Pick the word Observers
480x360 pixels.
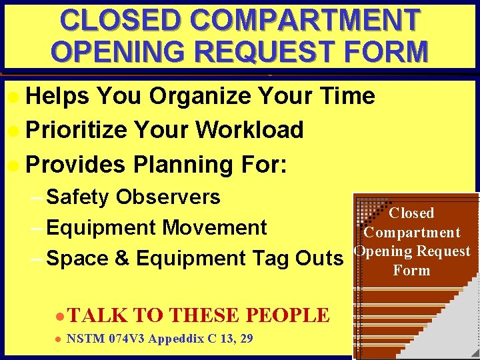tap(168, 197)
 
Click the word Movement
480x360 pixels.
tap(215, 227)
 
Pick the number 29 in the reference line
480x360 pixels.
tap(246, 339)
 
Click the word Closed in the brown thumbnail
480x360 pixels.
tap(411, 213)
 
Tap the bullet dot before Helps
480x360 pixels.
tap(14, 97)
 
